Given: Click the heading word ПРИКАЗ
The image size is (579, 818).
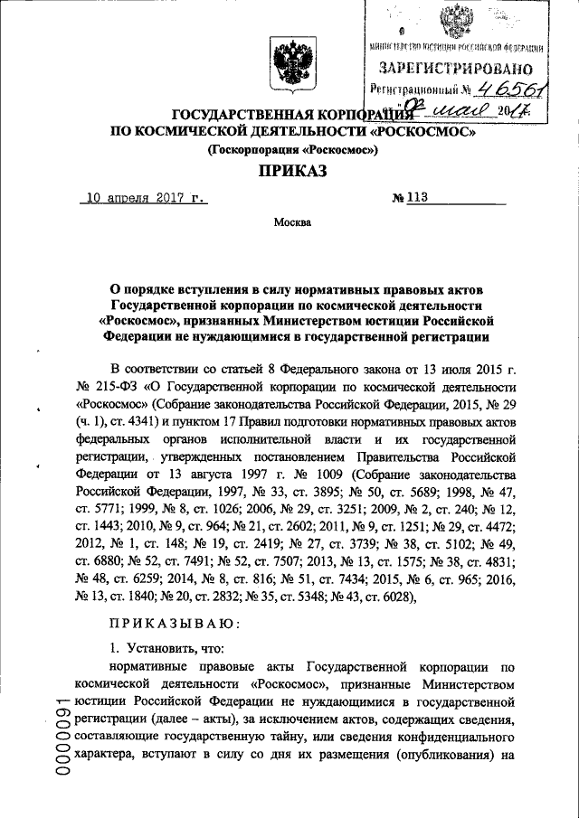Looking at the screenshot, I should (289, 169).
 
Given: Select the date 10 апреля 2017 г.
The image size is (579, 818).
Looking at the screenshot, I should (142, 195).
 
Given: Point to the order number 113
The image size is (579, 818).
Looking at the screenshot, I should (415, 195).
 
